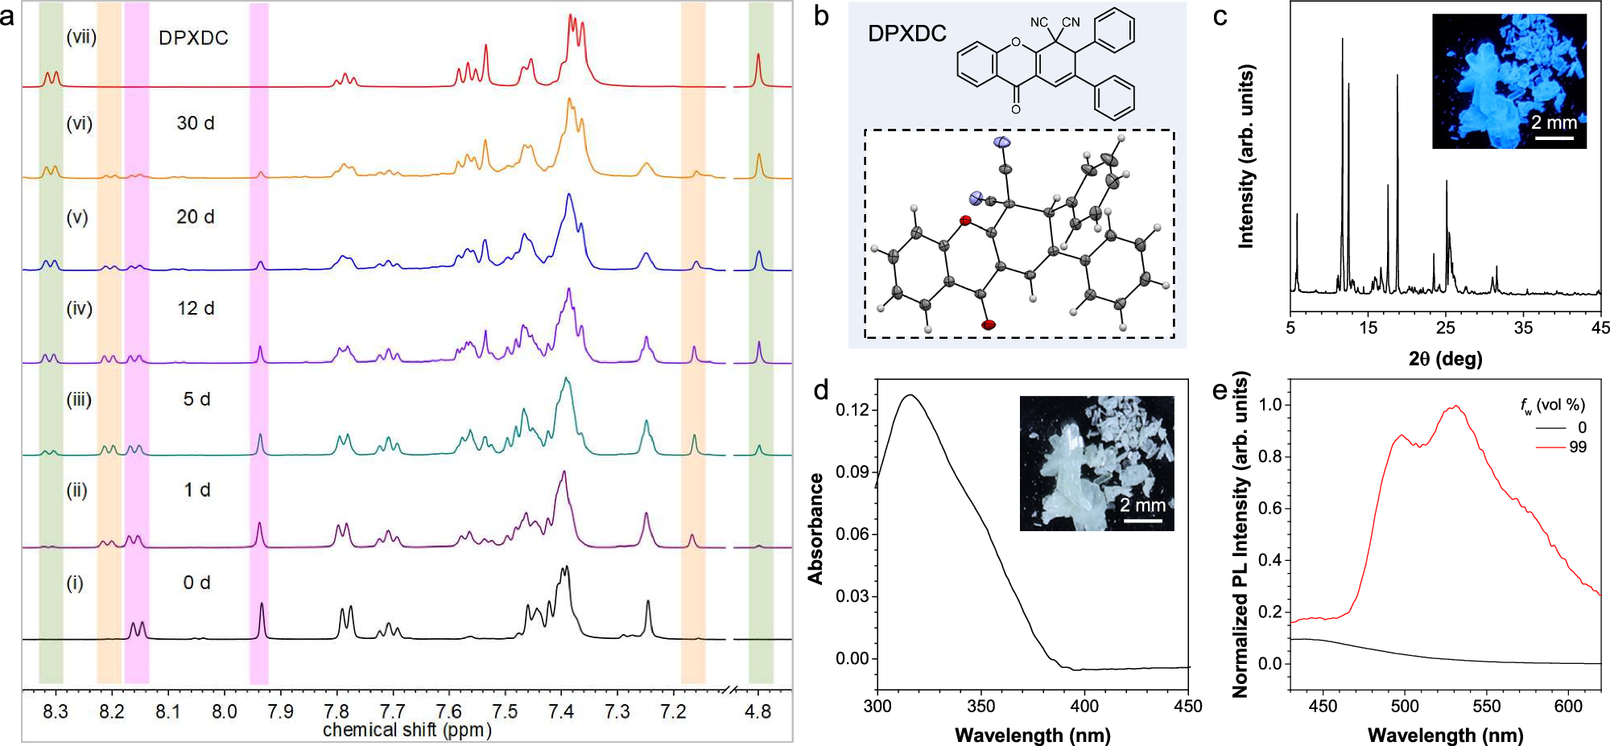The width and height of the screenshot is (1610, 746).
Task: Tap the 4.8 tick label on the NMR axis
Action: click(x=758, y=711)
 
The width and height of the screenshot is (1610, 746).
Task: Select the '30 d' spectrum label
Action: click(x=196, y=123)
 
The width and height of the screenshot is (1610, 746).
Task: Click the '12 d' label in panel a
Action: click(x=196, y=308)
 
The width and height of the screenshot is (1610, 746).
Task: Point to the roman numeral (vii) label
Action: click(x=81, y=37)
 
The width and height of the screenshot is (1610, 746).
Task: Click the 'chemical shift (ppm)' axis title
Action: click(x=407, y=730)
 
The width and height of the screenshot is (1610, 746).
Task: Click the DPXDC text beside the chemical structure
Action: click(x=906, y=34)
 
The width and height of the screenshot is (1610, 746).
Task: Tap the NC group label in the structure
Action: click(x=1039, y=23)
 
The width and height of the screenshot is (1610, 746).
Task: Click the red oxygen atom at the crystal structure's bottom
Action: click(x=989, y=325)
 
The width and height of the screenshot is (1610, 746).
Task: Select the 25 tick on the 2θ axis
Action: click(x=1446, y=328)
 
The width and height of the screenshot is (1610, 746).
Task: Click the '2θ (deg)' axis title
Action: click(x=1445, y=358)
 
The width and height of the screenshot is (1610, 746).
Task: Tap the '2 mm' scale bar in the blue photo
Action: click(x=1554, y=138)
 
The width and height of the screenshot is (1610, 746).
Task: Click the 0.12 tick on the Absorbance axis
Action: click(x=852, y=410)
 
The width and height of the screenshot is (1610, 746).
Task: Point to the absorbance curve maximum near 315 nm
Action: click(x=910, y=395)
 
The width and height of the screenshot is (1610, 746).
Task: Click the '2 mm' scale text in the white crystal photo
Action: click(x=1142, y=505)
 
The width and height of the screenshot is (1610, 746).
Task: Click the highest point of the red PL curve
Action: click(x=1455, y=406)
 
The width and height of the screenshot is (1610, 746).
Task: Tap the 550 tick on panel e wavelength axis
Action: click(x=1486, y=706)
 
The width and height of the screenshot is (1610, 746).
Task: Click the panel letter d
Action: click(x=820, y=391)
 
